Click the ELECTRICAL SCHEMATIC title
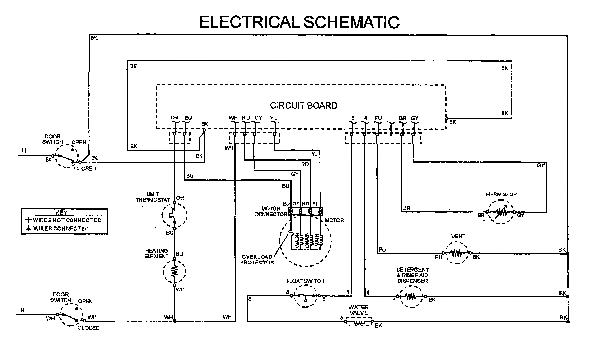pos(299,22)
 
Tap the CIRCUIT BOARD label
pos(303,105)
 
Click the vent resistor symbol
pos(456,253)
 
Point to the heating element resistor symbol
pos(174,271)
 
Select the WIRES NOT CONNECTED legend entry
pos(65,220)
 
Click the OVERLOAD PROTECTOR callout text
pos(258,259)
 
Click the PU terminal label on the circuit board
pos(378,118)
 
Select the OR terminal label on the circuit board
pos(174,118)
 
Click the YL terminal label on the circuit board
pos(273,118)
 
